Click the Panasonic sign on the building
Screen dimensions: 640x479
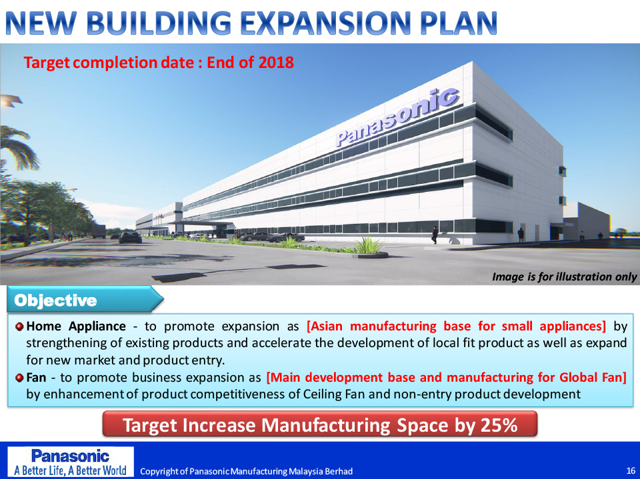coord(397,117)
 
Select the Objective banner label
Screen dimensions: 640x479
coord(55,300)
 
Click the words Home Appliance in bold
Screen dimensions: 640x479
coord(76,326)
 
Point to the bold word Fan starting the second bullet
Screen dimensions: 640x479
coord(36,378)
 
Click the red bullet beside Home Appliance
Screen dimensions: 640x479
coord(19,327)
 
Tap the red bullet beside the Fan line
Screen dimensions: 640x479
coord(19,378)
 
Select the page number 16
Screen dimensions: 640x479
coord(631,471)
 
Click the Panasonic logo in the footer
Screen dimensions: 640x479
coord(70,456)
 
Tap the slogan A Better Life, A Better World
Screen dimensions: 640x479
coord(70,470)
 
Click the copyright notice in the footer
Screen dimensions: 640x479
coord(246,471)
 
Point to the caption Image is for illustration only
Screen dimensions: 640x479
coord(564,277)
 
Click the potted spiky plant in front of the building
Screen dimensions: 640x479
coord(370,247)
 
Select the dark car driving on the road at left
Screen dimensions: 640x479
coord(130,237)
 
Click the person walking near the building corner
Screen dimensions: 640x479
coord(435,235)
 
